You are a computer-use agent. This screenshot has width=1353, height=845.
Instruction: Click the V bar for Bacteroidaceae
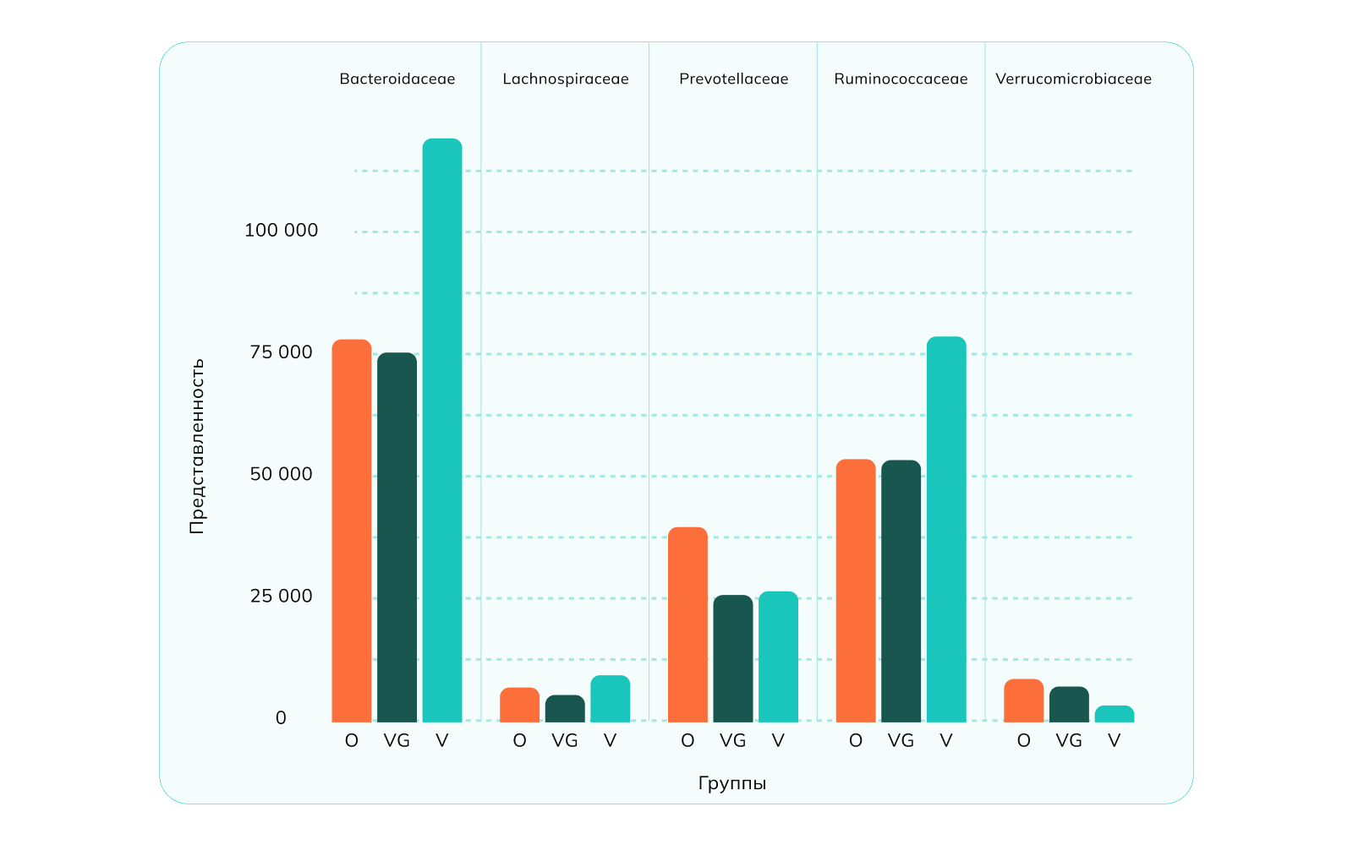point(442,431)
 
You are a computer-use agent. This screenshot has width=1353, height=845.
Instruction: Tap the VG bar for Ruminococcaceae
point(901,591)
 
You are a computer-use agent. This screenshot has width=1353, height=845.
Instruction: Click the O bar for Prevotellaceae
point(687,625)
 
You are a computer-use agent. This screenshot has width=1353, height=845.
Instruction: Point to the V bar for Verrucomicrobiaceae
point(1115,714)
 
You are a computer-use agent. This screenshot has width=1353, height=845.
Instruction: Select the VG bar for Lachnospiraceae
point(565,709)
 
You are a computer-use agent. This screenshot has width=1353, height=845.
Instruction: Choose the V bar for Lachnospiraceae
point(610,699)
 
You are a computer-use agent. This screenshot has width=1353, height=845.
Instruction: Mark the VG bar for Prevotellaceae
point(733,659)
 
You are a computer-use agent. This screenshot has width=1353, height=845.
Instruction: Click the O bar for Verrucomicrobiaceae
point(1024,701)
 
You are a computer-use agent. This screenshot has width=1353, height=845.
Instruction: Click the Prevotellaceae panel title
point(733,79)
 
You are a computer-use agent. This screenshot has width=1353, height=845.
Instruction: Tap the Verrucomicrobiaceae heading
point(1073,79)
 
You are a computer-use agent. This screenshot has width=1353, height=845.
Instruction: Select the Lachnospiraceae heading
point(566,79)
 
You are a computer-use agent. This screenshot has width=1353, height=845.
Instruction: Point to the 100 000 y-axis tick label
point(281,231)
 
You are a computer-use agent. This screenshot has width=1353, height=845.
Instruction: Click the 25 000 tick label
point(281,597)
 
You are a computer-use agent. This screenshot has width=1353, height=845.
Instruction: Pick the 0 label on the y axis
point(281,718)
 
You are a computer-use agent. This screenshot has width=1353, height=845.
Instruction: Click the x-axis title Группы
point(732,783)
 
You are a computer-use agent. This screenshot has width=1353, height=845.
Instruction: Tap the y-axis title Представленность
point(197,446)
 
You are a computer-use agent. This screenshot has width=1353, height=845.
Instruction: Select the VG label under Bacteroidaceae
point(397,741)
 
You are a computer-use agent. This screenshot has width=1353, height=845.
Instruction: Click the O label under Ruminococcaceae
point(856,741)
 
